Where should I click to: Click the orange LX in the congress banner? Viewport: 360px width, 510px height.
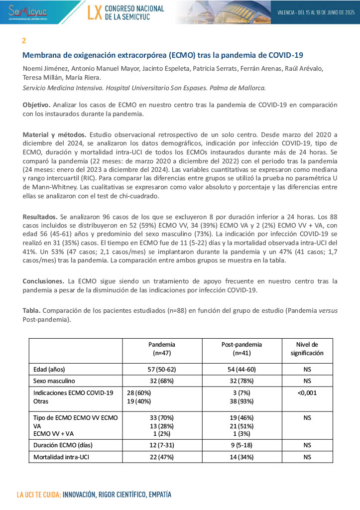(94, 12)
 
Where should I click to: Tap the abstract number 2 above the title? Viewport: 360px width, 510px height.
(24, 40)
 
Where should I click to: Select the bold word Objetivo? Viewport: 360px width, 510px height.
(36, 105)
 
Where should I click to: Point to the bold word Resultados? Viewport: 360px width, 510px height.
(40, 218)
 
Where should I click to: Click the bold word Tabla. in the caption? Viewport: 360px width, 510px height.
(32, 311)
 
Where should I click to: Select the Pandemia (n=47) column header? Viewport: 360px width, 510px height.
(162, 349)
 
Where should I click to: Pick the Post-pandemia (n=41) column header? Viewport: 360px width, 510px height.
(241, 349)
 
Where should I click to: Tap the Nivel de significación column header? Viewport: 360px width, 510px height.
(307, 349)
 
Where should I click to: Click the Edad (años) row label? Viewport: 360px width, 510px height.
(49, 370)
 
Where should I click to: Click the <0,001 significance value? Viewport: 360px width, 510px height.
(307, 392)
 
